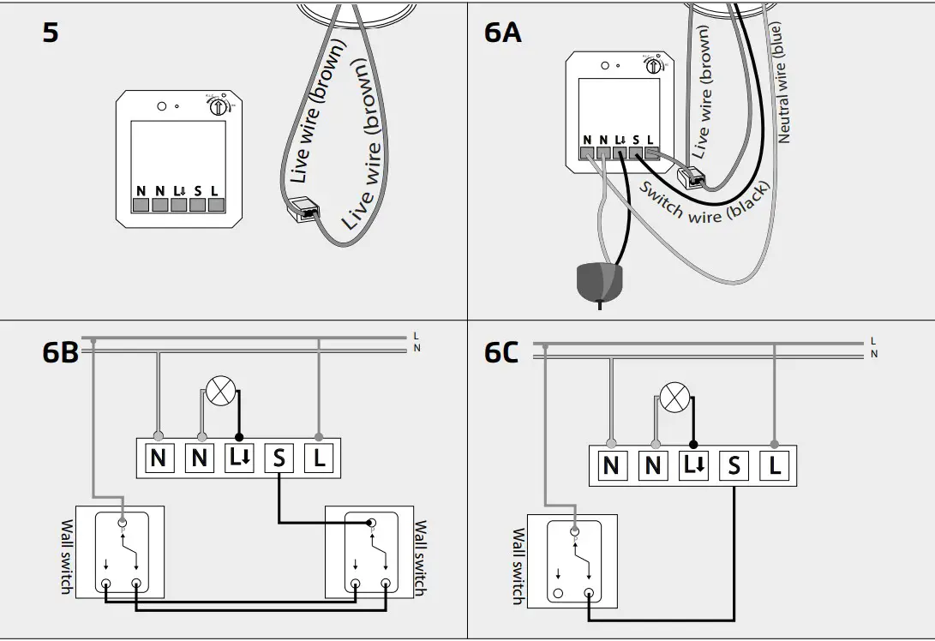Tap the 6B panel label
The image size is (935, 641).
click(60, 352)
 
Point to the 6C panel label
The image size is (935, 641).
click(501, 352)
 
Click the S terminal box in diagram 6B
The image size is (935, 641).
click(279, 458)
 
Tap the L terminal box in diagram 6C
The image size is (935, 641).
click(775, 466)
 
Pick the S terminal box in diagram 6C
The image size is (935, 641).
click(734, 466)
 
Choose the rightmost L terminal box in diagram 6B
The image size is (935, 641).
click(320, 458)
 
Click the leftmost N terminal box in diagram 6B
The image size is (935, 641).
click(158, 458)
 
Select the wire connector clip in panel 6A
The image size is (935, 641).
click(691, 177)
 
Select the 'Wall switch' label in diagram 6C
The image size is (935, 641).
click(518, 566)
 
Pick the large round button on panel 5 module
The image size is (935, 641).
click(161, 107)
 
